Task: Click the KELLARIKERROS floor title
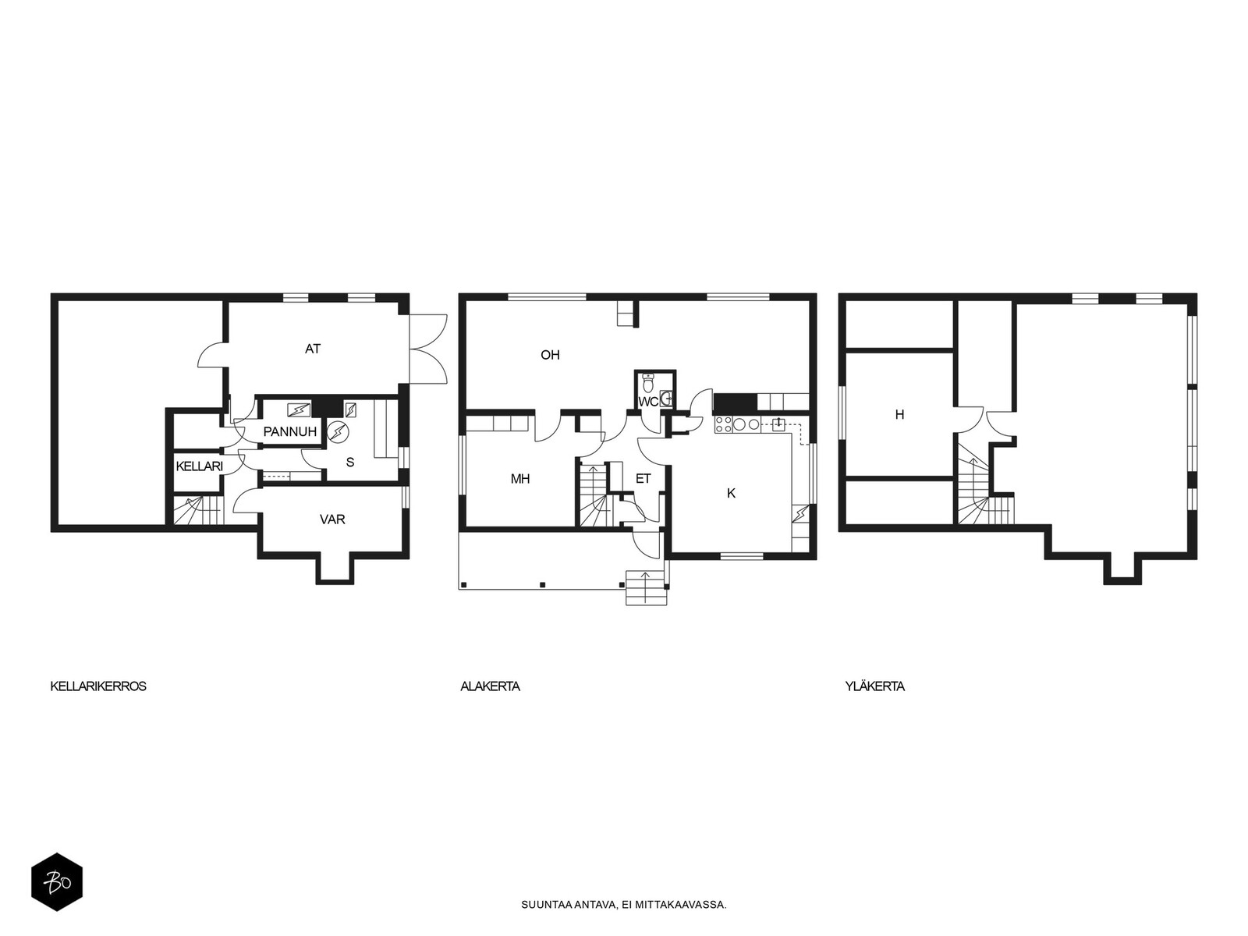pos(98,686)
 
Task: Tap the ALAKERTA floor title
pos(490,686)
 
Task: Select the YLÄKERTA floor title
pos(874,686)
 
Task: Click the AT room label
pos(313,349)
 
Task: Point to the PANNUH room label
pos(289,431)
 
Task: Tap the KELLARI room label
pos(200,466)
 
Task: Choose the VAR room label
pos(332,519)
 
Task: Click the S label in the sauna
pos(350,462)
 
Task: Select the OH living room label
pos(550,355)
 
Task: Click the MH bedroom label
pos(520,479)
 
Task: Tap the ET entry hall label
pos(643,479)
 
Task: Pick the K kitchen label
pos(731,493)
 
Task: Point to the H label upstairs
pos(899,414)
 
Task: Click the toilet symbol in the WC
pos(647,384)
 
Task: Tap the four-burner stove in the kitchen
pos(723,425)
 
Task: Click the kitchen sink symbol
pos(778,424)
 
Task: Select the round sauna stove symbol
pos(339,431)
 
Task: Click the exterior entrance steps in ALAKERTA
pos(647,588)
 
